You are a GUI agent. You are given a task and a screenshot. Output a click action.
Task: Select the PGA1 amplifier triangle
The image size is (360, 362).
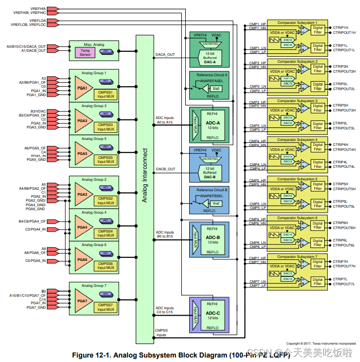(82, 88)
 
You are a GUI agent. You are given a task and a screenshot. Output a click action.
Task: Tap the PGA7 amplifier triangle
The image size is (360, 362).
(82, 301)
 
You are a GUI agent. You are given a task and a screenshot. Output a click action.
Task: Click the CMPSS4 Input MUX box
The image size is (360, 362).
(105, 234)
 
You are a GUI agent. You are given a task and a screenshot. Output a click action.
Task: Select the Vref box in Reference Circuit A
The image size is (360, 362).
(215, 88)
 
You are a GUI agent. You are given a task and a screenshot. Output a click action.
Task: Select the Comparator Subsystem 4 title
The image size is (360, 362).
(297, 140)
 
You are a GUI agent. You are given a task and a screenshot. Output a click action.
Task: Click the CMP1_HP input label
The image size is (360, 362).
(257, 24)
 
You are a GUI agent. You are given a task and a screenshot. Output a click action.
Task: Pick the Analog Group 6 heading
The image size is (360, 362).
(94, 245)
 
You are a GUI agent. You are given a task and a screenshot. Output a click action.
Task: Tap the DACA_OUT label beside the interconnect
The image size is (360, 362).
(165, 55)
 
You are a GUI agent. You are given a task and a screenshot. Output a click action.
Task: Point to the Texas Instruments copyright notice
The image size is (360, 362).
(321, 344)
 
